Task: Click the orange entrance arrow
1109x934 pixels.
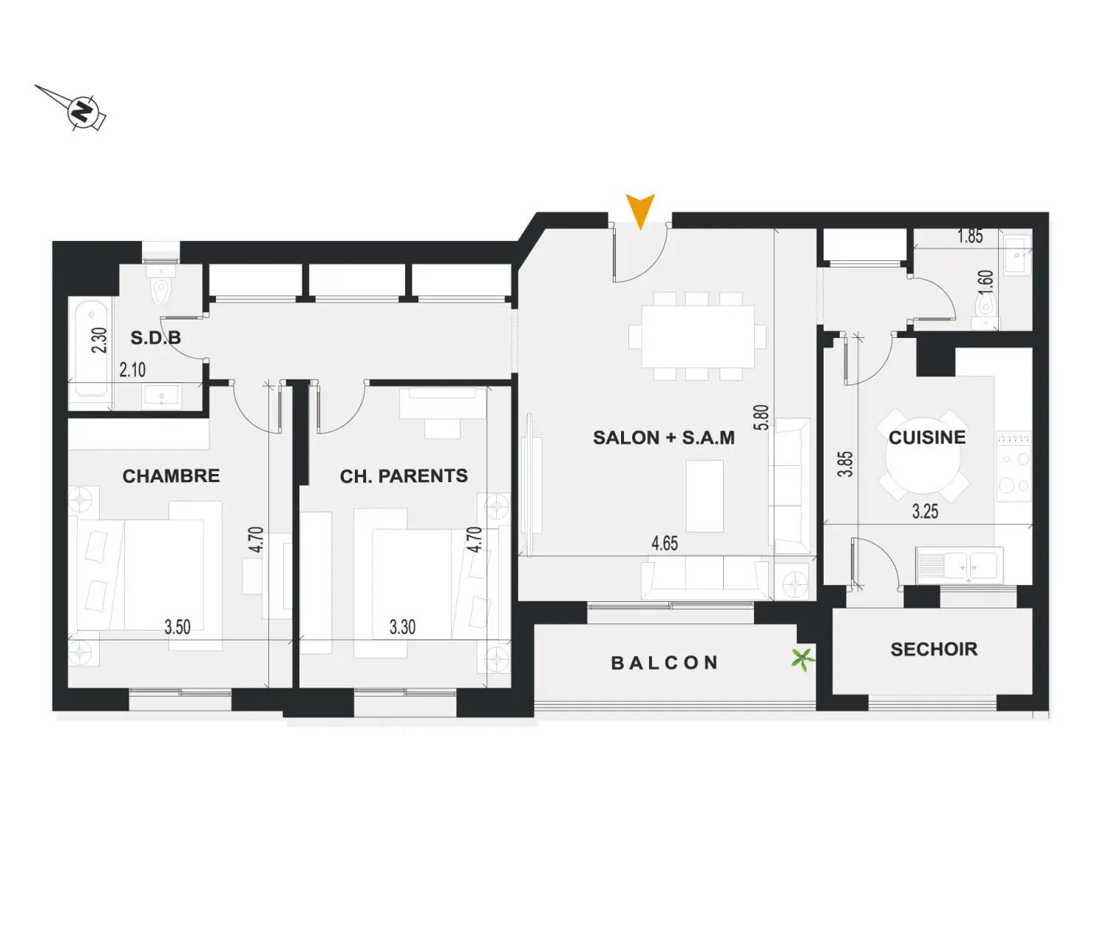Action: tap(640, 209)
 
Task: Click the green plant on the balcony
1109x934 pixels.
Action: tap(802, 660)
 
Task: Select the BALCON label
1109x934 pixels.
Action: tap(665, 663)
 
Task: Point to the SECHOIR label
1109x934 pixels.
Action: tap(934, 649)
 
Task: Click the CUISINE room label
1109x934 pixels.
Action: tap(927, 437)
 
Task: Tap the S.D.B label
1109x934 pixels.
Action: tap(155, 337)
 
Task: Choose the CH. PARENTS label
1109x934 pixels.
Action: tap(404, 476)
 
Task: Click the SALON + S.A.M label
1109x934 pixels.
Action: tap(664, 437)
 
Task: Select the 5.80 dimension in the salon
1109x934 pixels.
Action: tap(761, 418)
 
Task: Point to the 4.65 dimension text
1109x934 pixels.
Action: tap(665, 543)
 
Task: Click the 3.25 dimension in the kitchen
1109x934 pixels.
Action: tap(925, 511)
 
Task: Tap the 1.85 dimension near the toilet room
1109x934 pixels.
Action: tap(970, 236)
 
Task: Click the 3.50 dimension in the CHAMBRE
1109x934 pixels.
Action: tap(177, 627)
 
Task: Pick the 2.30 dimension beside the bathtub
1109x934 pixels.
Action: tap(99, 340)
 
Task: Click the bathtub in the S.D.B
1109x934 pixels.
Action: tap(92, 348)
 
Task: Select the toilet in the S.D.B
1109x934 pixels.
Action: tap(161, 287)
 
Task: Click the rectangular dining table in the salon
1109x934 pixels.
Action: tap(697, 336)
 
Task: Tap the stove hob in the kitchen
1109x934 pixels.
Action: tap(1014, 466)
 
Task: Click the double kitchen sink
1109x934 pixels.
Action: tap(960, 565)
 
